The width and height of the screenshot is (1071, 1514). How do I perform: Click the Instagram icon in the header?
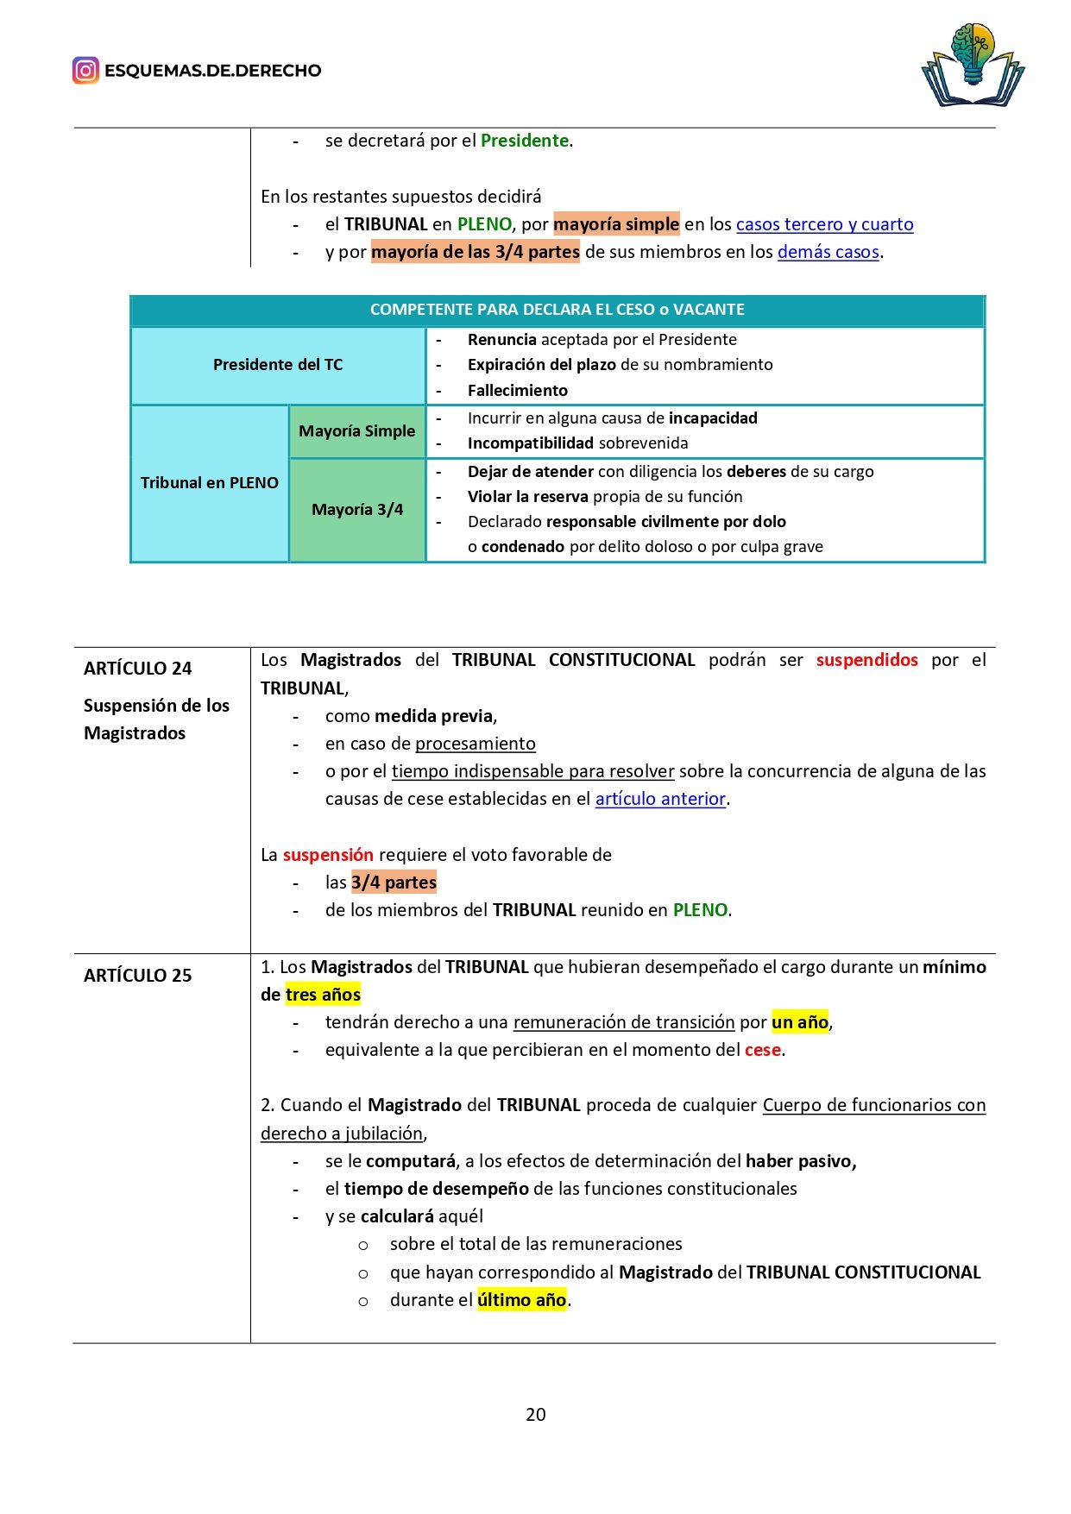(x=85, y=70)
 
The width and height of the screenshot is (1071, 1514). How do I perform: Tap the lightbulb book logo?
(x=973, y=66)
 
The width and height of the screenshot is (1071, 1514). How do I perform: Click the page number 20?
(x=535, y=1414)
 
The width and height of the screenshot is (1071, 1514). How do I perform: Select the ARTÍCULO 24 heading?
(x=137, y=668)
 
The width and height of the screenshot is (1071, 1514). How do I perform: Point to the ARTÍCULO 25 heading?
(x=137, y=975)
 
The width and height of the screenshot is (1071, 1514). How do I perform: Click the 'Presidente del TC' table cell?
(x=278, y=365)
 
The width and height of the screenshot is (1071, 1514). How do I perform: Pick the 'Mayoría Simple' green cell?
(x=356, y=430)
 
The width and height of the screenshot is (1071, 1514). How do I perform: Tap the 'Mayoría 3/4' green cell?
(x=356, y=510)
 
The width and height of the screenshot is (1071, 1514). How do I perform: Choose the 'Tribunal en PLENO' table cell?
(x=209, y=483)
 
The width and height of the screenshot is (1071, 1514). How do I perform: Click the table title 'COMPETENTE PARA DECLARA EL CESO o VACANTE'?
(x=557, y=310)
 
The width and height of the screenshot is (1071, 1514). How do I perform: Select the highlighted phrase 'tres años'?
(x=323, y=995)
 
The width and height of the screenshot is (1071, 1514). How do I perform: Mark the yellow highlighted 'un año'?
(x=800, y=1022)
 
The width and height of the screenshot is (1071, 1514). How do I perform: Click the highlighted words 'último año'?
(x=521, y=1300)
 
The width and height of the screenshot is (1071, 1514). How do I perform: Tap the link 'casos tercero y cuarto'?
(x=824, y=224)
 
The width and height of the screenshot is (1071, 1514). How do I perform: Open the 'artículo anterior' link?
(x=660, y=799)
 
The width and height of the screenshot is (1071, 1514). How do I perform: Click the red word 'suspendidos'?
(x=866, y=660)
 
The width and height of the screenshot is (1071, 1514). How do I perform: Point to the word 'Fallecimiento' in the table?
(x=517, y=391)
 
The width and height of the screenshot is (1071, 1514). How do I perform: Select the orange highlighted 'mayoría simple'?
(x=616, y=224)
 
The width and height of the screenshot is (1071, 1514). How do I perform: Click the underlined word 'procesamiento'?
(x=475, y=744)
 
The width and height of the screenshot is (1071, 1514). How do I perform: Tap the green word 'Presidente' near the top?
(x=524, y=141)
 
